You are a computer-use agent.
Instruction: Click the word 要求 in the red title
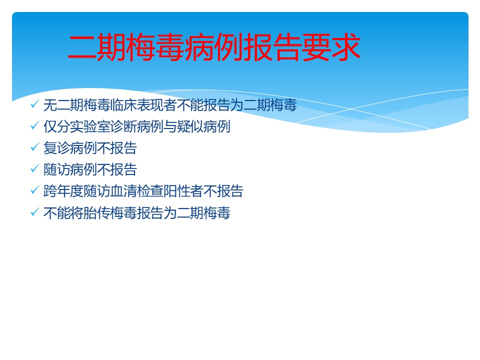[331, 47]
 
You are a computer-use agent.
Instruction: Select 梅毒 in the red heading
[156, 47]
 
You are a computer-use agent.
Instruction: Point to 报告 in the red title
[273, 47]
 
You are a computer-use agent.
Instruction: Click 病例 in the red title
[214, 47]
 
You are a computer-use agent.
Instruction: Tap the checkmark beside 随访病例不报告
[35, 168]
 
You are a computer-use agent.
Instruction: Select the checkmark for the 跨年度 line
[35, 190]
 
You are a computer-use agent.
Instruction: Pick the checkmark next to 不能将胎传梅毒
[35, 211]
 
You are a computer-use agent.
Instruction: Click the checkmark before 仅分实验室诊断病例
[35, 125]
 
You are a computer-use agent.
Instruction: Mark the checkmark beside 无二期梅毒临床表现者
[35, 104]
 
